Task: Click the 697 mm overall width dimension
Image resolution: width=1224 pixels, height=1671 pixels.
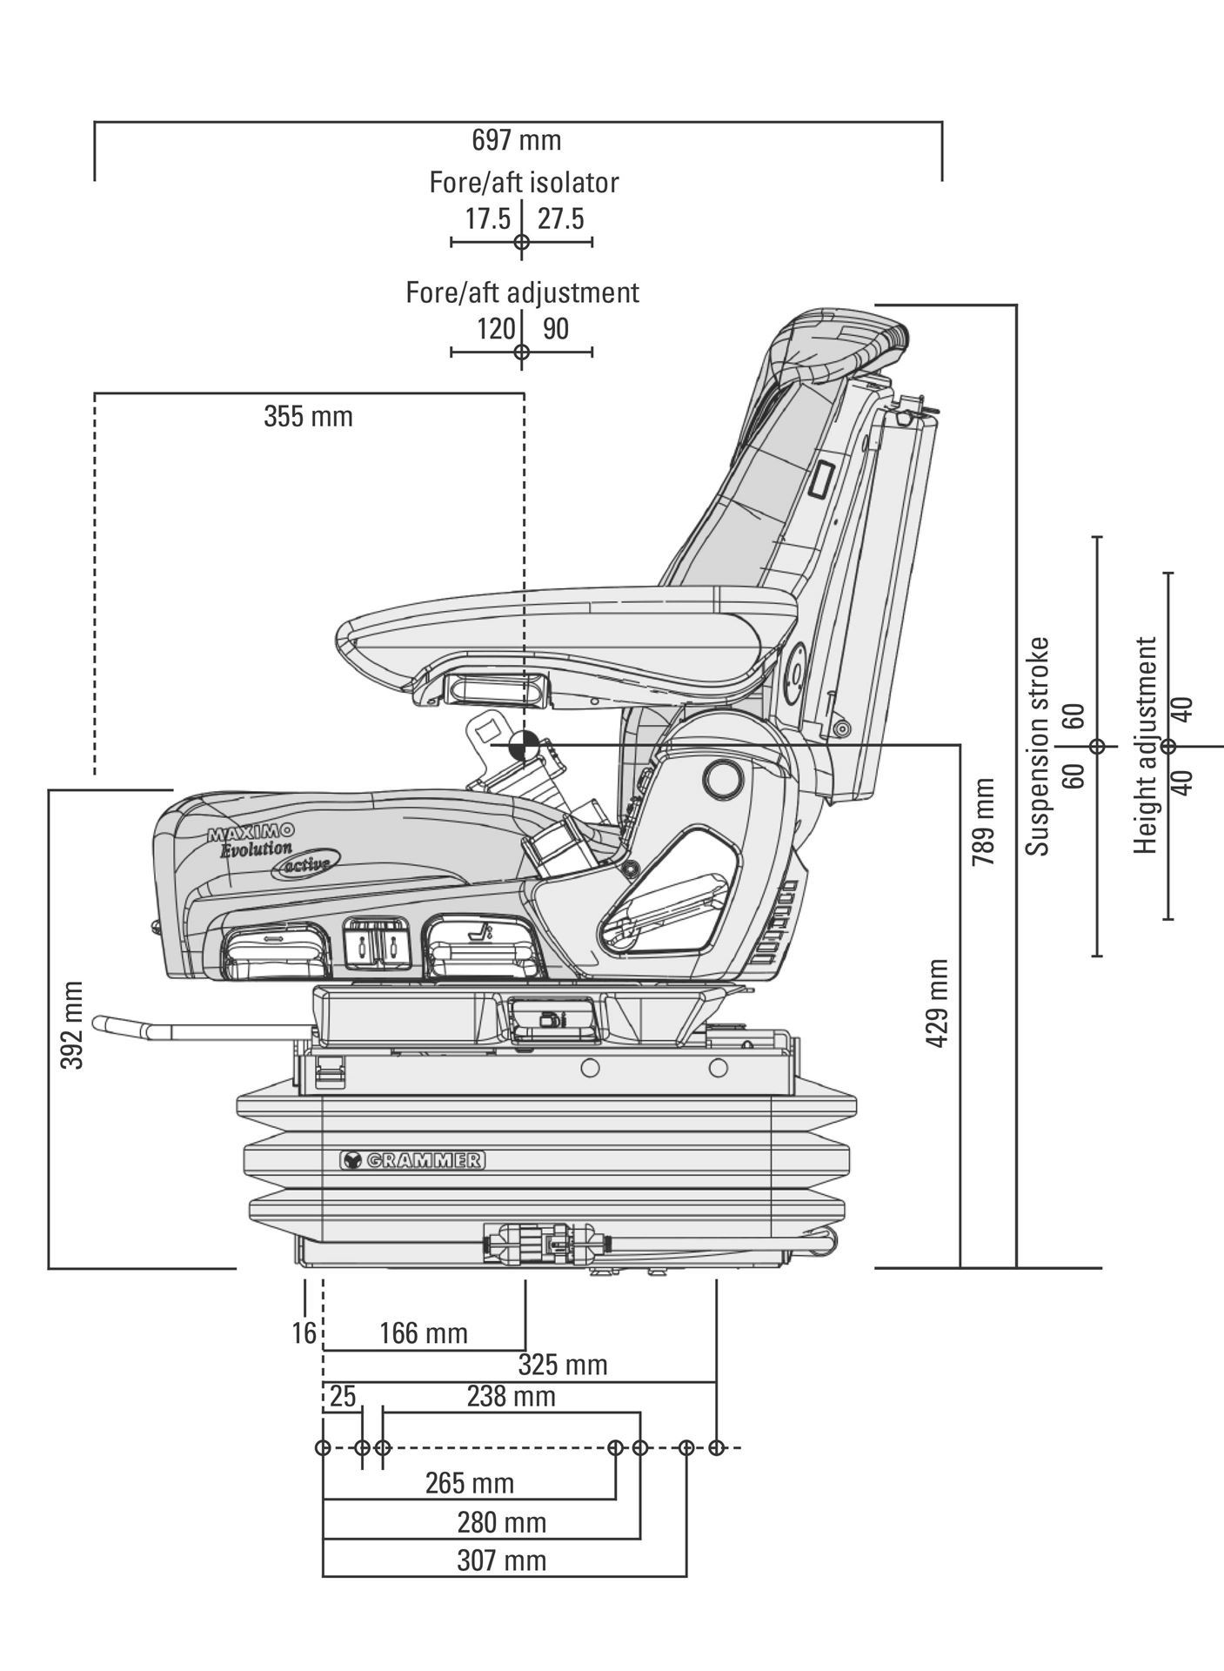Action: (517, 140)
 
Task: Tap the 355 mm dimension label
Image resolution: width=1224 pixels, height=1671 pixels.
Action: (309, 417)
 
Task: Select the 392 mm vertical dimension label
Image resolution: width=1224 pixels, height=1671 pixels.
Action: (74, 1025)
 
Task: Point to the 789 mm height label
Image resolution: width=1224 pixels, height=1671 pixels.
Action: (984, 822)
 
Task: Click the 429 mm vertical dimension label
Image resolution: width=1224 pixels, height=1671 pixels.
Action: (937, 1003)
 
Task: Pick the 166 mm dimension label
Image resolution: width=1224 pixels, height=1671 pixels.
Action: (424, 1333)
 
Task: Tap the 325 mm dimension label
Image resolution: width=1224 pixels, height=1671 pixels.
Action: (563, 1364)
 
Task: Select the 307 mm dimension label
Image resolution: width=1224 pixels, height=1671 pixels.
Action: (502, 1560)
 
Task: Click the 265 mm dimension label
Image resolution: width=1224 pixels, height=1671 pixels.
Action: (470, 1482)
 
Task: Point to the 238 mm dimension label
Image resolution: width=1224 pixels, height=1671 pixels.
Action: (511, 1396)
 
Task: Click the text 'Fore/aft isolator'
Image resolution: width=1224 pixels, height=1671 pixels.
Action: (525, 183)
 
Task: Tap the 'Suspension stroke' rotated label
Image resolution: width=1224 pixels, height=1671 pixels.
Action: (1038, 746)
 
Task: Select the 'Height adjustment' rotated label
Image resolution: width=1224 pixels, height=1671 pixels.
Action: (1147, 745)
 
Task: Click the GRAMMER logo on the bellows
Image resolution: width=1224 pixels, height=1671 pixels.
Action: (411, 1159)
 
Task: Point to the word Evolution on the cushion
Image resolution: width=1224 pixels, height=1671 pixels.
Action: (256, 848)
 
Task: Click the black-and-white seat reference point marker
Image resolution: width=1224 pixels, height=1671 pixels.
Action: (523, 745)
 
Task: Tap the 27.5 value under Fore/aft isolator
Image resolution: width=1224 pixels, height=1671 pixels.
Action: (560, 219)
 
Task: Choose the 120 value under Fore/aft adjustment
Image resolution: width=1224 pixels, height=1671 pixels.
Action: (496, 329)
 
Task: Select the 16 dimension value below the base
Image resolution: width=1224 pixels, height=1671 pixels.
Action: (304, 1332)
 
